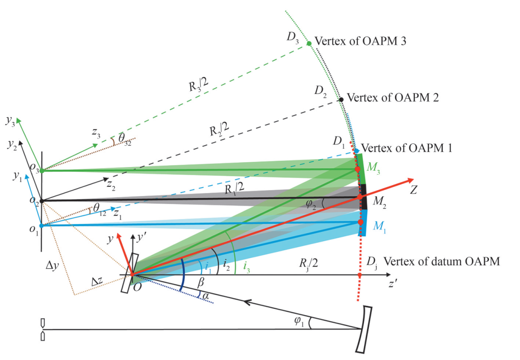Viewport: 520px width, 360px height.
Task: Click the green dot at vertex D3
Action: click(309, 43)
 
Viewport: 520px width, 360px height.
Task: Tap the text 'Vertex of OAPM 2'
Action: click(393, 98)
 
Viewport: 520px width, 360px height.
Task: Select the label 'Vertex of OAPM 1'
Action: click(406, 148)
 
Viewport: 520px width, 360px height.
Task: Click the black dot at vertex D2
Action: click(341, 100)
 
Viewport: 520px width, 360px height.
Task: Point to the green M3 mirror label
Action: click(373, 168)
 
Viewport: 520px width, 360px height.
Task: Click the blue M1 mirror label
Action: click(379, 227)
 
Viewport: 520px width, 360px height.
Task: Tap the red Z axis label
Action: click(413, 190)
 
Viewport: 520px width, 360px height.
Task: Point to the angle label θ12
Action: click(100, 209)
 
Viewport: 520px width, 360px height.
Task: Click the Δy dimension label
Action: click(52, 265)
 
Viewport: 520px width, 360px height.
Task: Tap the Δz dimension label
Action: click(97, 282)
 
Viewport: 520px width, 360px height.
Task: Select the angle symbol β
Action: click(201, 283)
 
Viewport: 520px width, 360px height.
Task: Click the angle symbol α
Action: click(206, 296)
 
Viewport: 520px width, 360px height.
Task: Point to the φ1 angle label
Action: click(299, 321)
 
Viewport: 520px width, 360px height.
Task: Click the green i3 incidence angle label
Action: click(247, 267)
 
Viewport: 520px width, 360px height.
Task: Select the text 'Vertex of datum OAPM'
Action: click(442, 261)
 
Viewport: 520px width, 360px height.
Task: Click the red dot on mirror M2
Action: click(360, 197)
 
